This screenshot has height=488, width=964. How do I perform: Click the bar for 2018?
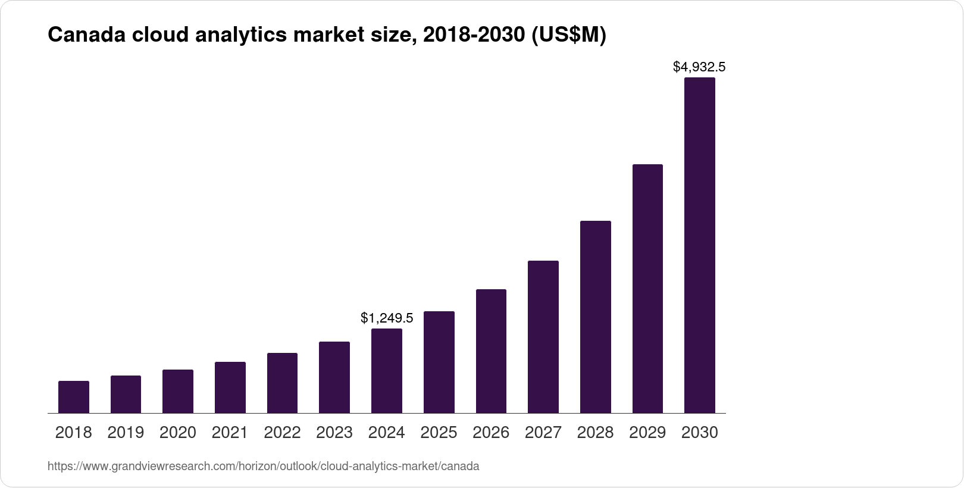pos(74,397)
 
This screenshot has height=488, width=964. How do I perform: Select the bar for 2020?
pos(178,391)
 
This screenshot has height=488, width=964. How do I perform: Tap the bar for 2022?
pos(282,383)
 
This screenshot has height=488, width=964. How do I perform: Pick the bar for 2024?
pos(387,371)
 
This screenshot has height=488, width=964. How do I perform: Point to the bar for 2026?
pos(491,351)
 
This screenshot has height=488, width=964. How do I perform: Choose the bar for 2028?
pos(595,317)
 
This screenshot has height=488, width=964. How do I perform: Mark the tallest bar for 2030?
pos(700,245)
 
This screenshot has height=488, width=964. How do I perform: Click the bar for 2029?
pos(647,289)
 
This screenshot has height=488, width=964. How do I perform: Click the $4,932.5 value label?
pos(699,67)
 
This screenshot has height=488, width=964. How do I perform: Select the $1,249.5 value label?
pos(387,318)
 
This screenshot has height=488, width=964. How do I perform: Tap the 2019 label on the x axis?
pos(126,433)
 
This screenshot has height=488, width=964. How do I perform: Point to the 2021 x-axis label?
pos(230,433)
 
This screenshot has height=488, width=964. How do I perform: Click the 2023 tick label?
pos(334,433)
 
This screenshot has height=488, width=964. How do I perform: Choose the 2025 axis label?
pos(439,433)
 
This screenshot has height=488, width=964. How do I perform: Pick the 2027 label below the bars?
pos(543,433)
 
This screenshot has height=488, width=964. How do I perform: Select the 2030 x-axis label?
pos(700,433)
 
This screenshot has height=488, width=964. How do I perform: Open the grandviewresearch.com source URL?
pos(263,467)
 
